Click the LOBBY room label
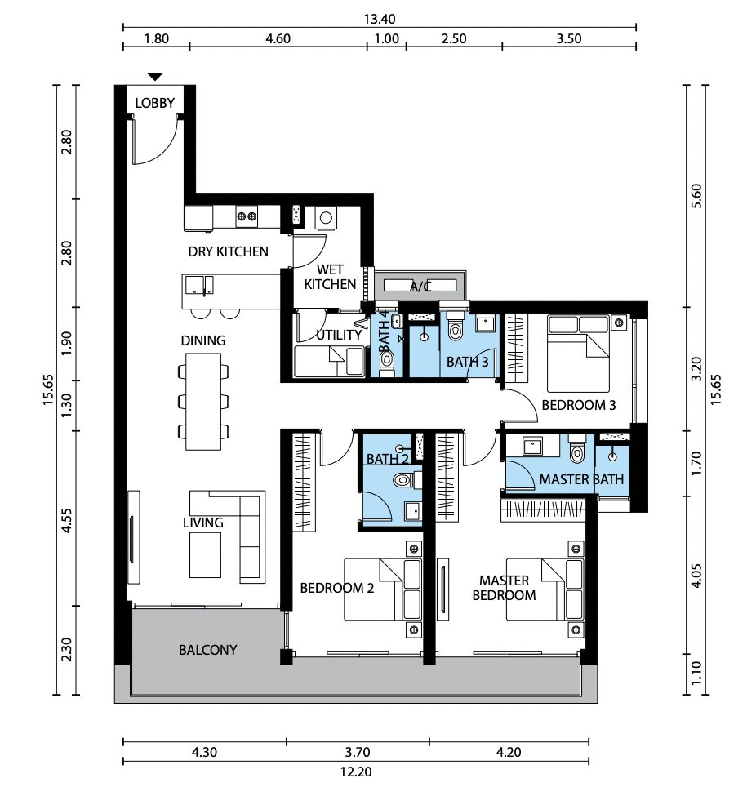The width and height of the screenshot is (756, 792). click(154, 103)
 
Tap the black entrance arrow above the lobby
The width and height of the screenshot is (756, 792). click(155, 77)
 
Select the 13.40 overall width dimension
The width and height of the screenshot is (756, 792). click(380, 20)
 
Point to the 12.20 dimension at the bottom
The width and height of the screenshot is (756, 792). click(356, 772)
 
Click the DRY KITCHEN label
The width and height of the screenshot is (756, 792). click(229, 251)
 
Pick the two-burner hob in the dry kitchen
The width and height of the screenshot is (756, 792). click(247, 216)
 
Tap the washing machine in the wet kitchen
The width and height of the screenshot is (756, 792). click(326, 218)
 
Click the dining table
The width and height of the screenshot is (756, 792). click(203, 402)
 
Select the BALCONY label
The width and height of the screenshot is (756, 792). click(207, 650)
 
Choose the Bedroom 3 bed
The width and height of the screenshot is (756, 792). click(579, 354)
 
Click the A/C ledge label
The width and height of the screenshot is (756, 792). click(420, 287)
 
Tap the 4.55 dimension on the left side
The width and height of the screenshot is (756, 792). click(66, 520)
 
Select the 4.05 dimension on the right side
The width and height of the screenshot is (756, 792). click(696, 576)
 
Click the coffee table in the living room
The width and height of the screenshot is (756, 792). click(205, 555)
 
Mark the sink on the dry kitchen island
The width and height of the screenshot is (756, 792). click(199, 286)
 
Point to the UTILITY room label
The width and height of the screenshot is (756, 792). click(339, 335)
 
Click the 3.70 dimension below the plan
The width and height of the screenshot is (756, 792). click(358, 752)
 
